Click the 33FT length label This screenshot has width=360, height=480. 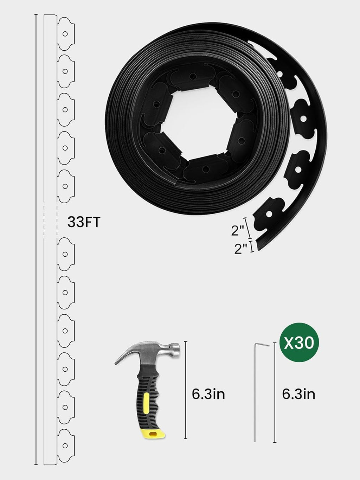[x=84, y=223]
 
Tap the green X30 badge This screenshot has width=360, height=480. [x=299, y=343]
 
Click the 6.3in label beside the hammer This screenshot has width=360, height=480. [x=208, y=394]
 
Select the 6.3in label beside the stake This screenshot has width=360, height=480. [x=298, y=394]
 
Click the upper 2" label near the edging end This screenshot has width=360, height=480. [x=238, y=231]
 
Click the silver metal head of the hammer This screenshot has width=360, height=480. [x=165, y=352]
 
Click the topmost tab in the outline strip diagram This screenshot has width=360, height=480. [x=65, y=34]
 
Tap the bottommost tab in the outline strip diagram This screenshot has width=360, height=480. [x=65, y=445]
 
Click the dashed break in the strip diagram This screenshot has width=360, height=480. [x=50, y=222]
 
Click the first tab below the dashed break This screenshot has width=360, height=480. [x=65, y=254]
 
